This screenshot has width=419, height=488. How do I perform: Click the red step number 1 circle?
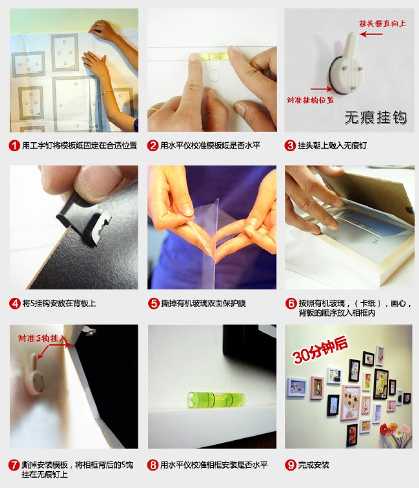[x=14, y=145]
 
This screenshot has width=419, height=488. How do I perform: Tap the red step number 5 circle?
[x=153, y=304]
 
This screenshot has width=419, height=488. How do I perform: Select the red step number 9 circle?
[x=290, y=465]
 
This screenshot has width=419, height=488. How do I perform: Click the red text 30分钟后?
[x=320, y=350]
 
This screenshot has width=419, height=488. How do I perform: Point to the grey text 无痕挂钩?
[x=375, y=117]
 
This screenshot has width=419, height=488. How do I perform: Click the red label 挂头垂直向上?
[x=383, y=23]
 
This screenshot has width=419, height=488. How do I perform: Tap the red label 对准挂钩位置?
[x=311, y=100]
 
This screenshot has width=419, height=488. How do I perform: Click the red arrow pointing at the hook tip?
[x=372, y=34]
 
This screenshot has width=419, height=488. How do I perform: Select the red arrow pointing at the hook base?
[x=322, y=89]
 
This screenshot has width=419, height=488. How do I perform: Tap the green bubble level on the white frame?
[x=216, y=400]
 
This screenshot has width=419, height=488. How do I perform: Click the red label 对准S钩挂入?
[x=42, y=338]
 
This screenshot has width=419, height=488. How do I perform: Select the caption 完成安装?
[x=313, y=465]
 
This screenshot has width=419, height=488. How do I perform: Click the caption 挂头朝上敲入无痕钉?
[x=332, y=145]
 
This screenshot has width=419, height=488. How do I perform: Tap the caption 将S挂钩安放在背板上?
[x=59, y=304]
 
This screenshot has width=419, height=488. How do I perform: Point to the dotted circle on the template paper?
[x=214, y=75]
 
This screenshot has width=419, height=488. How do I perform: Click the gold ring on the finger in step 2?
[x=154, y=110]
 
